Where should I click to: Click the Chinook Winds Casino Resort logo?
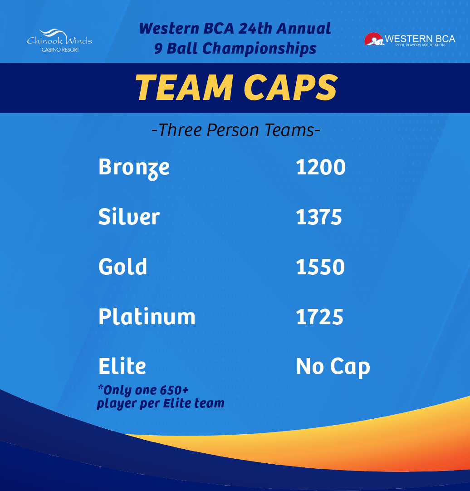point(59,40)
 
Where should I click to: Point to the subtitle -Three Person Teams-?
point(236,130)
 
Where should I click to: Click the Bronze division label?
point(134,167)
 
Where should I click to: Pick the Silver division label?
point(129,217)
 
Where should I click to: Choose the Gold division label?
point(122,267)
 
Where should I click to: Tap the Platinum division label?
point(147,317)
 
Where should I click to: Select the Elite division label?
point(122,366)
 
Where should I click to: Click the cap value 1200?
point(321,167)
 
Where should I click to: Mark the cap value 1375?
point(319,217)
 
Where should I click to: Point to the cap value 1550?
point(320,267)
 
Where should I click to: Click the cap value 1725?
point(319,317)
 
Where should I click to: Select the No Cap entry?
point(333,367)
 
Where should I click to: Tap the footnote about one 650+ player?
point(160,397)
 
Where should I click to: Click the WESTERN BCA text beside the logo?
point(420,39)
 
